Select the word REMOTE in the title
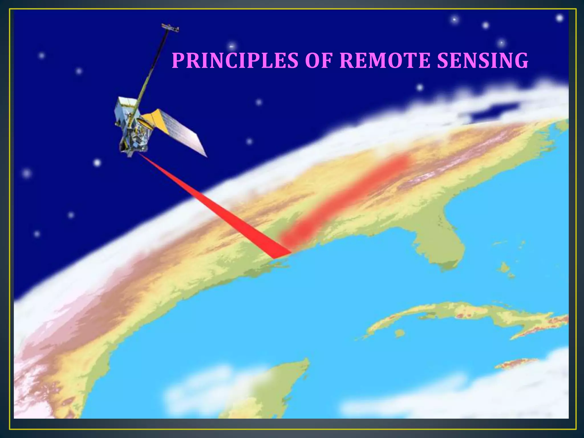385,60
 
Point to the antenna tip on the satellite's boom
170,28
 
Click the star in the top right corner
559,18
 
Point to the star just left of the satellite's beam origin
97,163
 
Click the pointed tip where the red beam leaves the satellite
140,155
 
